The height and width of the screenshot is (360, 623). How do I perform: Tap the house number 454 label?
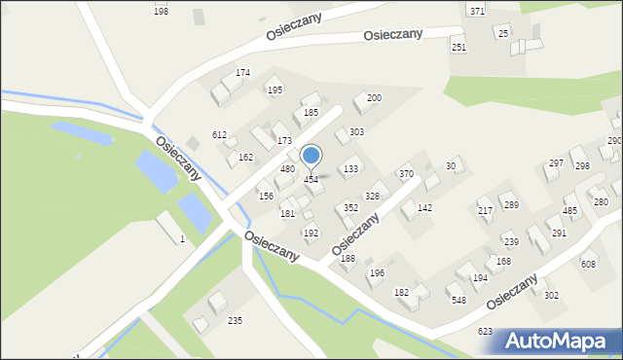point(311,180)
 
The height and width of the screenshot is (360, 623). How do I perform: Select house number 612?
point(219,135)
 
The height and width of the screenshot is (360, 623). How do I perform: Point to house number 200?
point(374,98)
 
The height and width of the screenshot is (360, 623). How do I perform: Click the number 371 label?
point(477,11)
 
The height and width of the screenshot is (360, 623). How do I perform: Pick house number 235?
point(235,320)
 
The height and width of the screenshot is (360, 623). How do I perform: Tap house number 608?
point(588,265)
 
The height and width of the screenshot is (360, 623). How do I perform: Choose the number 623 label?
point(485,332)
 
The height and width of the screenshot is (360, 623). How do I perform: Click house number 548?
point(458,301)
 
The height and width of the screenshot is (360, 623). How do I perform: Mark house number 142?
point(424,208)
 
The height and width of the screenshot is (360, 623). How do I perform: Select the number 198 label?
point(161,11)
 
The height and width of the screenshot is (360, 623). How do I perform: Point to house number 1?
point(182,239)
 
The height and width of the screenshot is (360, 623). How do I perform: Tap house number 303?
point(357,131)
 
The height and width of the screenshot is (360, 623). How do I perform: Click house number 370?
point(406,173)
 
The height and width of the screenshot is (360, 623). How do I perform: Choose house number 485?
point(570,211)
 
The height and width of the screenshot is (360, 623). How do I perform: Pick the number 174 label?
point(242,73)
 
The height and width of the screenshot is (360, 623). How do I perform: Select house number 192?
point(310,234)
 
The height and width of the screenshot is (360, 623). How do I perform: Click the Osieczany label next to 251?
point(392,34)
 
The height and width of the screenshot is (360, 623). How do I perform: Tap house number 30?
point(451,166)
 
